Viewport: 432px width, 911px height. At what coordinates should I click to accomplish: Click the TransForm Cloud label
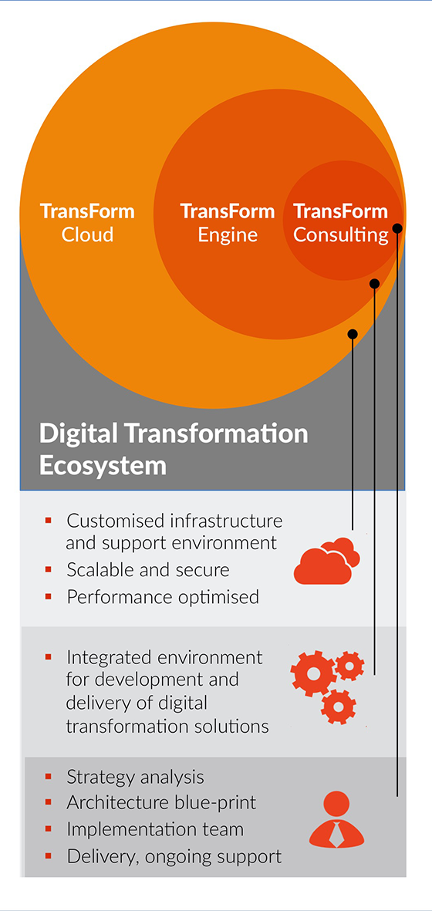(x=87, y=222)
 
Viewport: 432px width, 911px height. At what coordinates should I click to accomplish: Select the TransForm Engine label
(x=228, y=222)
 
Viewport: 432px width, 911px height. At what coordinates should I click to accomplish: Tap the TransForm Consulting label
(x=340, y=222)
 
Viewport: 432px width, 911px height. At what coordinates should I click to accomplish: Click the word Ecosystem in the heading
(x=103, y=467)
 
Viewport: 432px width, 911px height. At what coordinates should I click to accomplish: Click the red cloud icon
(x=327, y=561)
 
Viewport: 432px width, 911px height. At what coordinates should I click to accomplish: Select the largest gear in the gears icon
(x=313, y=673)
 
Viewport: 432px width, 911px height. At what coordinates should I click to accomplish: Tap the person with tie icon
(x=337, y=820)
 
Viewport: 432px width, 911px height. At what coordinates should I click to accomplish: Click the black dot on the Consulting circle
(x=397, y=228)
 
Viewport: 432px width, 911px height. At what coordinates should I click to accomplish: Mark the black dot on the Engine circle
(x=374, y=284)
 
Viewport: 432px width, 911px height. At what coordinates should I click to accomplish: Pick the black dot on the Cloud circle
(x=353, y=333)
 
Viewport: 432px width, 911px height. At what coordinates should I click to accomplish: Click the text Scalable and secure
(x=148, y=570)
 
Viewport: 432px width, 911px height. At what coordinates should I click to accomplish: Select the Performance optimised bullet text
(x=163, y=597)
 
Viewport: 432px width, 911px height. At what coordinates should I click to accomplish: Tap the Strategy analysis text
(x=135, y=777)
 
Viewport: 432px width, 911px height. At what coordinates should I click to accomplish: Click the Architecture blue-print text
(x=161, y=803)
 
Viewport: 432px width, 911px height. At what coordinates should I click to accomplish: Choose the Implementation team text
(x=155, y=829)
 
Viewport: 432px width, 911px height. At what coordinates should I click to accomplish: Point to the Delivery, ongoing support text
(x=174, y=856)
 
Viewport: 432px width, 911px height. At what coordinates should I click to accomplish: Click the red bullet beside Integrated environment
(x=49, y=657)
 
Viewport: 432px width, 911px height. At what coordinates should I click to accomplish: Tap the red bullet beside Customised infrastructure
(x=49, y=519)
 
